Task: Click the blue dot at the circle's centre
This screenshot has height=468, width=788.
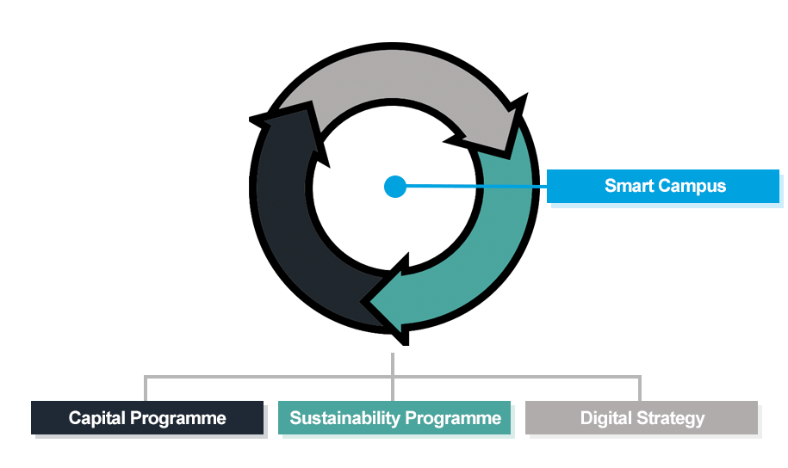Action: pos(394,186)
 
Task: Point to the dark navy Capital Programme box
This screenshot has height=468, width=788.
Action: pos(147,418)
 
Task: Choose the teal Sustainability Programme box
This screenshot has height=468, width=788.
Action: pos(394,418)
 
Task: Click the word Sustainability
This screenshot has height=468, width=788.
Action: pos(344,419)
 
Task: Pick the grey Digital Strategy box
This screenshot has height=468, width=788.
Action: pos(642,418)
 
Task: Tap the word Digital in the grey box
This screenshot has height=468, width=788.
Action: pos(607,419)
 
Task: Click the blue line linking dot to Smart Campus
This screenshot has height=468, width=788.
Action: pos(474,185)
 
